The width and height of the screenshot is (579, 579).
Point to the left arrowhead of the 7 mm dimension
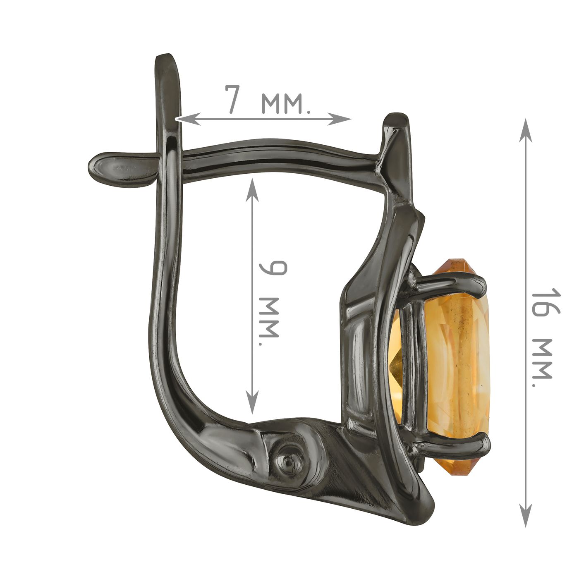click(x=188, y=119)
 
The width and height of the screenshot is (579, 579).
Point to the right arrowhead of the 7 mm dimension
click(x=339, y=119)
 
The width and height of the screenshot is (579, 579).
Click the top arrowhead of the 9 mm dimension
click(x=252, y=190)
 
